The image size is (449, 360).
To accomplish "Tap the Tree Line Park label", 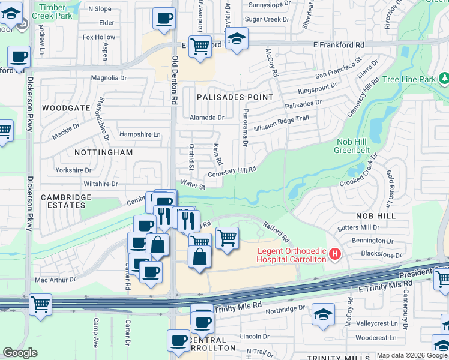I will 409,79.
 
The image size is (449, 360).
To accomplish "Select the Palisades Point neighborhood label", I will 235,97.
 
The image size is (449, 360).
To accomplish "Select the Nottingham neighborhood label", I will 103,152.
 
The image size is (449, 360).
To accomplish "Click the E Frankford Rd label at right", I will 339,45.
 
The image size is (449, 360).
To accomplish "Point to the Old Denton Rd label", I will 175,80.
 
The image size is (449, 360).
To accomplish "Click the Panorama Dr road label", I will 245,131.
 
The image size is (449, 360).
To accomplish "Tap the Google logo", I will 20,353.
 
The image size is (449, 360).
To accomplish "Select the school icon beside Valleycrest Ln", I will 323,314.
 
